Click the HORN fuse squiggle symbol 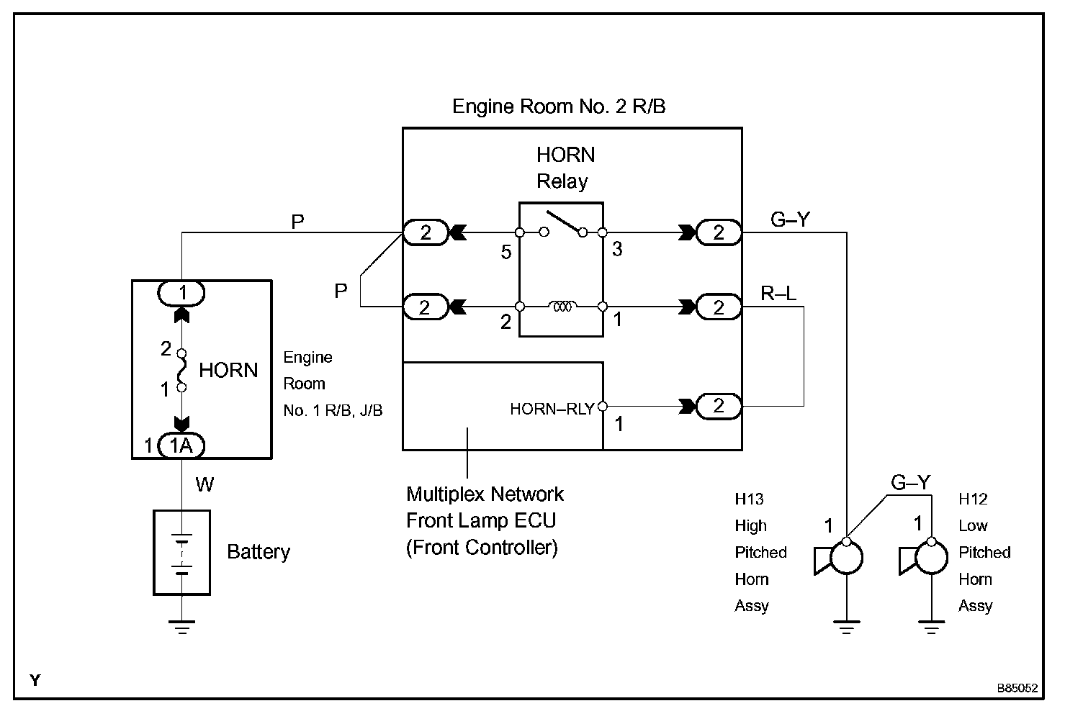pyautogui.click(x=181, y=371)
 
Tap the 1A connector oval pyautogui.click(x=181, y=445)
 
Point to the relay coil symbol pyautogui.click(x=562, y=307)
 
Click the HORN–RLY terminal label pyautogui.click(x=552, y=409)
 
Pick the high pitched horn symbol pyautogui.click(x=839, y=557)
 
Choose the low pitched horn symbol pyautogui.click(x=923, y=557)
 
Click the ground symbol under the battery pyautogui.click(x=181, y=627)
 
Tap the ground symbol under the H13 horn pyautogui.click(x=846, y=627)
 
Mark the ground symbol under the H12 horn pyautogui.click(x=931, y=627)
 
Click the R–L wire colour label pyautogui.click(x=778, y=294)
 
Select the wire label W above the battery pyautogui.click(x=205, y=484)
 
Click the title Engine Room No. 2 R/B pyautogui.click(x=559, y=107)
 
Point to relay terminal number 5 pyautogui.click(x=505, y=252)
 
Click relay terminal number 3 pyautogui.click(x=617, y=249)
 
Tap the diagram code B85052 pyautogui.click(x=1017, y=688)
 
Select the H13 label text pyautogui.click(x=749, y=499)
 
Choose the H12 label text pyautogui.click(x=973, y=499)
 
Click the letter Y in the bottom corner pyautogui.click(x=35, y=681)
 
